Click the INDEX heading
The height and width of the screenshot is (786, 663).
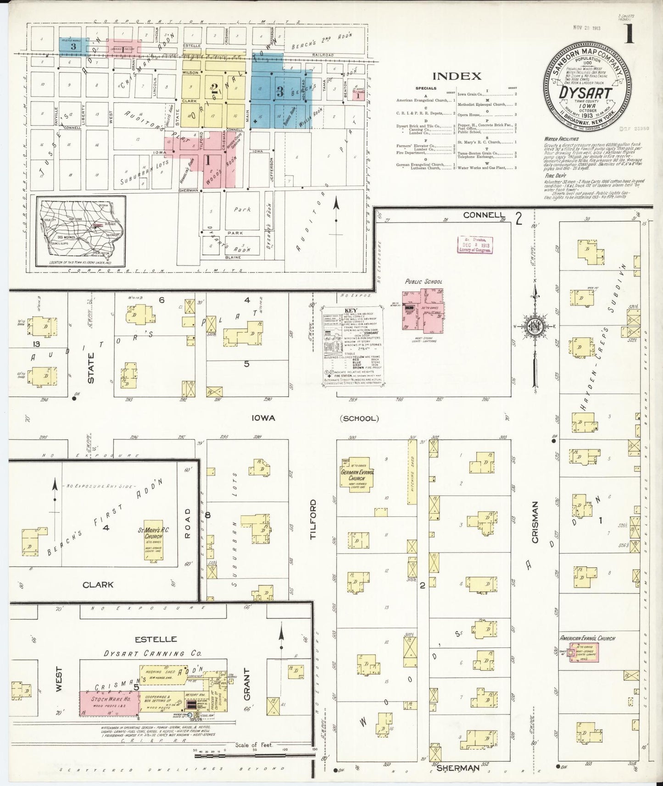(x=457, y=76)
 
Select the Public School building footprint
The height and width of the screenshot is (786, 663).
(x=421, y=311)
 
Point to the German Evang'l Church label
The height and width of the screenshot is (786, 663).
(x=358, y=474)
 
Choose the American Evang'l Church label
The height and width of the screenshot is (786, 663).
(x=587, y=638)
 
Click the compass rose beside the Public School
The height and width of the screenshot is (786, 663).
(x=535, y=327)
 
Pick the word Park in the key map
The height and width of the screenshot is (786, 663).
(x=242, y=210)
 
